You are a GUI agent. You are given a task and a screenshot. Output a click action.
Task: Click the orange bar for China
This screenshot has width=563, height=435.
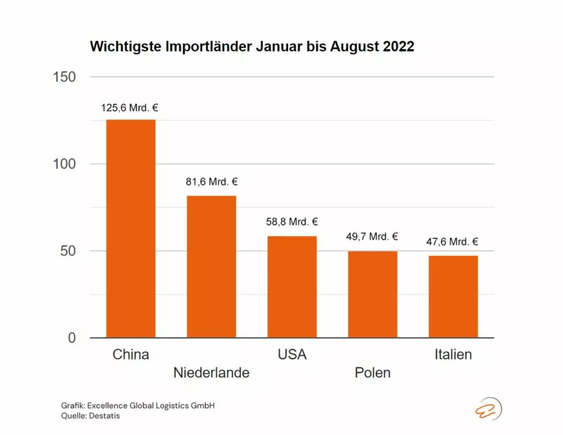click(x=131, y=228)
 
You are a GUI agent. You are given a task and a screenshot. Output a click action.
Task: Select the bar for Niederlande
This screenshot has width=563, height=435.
click(x=211, y=266)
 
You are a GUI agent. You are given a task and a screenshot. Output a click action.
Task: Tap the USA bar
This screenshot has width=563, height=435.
click(x=292, y=287)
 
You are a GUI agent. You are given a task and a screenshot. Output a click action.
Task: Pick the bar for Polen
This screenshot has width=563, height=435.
click(x=372, y=294)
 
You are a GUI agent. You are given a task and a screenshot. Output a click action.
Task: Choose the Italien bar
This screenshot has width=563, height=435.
click(x=453, y=297)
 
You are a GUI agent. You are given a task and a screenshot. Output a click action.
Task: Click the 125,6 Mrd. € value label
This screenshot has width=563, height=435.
click(x=131, y=108)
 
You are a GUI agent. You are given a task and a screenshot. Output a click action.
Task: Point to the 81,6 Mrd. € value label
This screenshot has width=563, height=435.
click(x=211, y=182)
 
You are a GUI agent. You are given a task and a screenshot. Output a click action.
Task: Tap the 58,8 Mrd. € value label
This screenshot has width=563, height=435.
click(x=292, y=222)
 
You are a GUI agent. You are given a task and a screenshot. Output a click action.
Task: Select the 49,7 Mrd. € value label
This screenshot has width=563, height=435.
click(x=372, y=237)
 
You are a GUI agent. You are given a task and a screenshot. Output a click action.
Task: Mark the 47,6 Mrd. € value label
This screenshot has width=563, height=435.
click(x=453, y=242)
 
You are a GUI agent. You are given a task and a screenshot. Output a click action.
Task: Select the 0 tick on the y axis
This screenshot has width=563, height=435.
click(x=72, y=338)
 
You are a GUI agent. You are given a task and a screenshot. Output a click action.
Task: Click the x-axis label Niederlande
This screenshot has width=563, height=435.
click(x=211, y=372)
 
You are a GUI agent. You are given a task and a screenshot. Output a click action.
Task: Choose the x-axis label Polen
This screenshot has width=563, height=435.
click(x=372, y=372)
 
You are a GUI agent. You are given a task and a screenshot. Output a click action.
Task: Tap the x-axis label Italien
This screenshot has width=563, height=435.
click(x=453, y=354)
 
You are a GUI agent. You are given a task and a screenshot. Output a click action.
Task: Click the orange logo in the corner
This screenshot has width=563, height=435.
click(x=487, y=408)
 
